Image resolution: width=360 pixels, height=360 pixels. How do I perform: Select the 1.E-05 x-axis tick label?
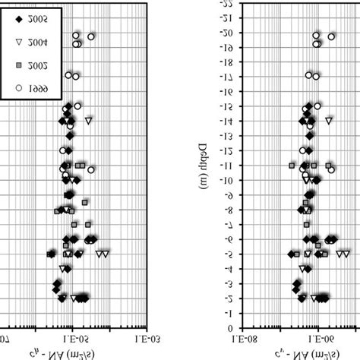pyautogui.click(x=70, y=338)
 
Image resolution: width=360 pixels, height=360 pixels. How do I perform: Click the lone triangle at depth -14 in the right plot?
pyautogui.click(x=330, y=120)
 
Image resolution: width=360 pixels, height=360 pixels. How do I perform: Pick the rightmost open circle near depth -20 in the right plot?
pyautogui.click(x=331, y=36)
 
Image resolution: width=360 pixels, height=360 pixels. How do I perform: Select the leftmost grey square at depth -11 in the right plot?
pyautogui.click(x=292, y=165)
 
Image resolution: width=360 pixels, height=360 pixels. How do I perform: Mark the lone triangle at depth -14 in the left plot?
pyautogui.click(x=89, y=120)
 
